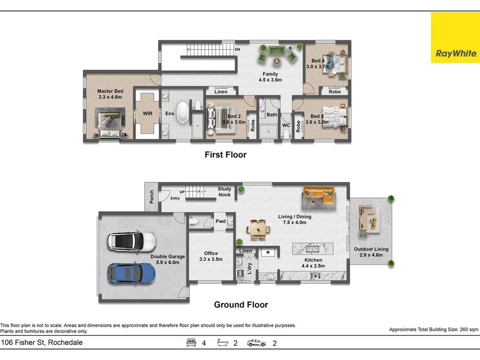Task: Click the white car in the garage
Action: (x=131, y=242)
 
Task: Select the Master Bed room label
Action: (x=110, y=91)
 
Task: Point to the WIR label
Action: (x=148, y=114)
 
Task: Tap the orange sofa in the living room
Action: (x=319, y=194)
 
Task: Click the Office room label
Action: (x=211, y=253)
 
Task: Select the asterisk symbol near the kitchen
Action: (x=268, y=253)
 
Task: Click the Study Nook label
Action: (x=224, y=192)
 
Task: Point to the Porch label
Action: (x=152, y=197)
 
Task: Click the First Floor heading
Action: (x=226, y=154)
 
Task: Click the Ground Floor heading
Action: (x=241, y=304)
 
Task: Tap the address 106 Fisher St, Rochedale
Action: (x=42, y=342)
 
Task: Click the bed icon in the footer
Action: (x=191, y=343)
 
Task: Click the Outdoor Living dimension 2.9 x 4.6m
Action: (x=371, y=255)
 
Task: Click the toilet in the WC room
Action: (x=286, y=135)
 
